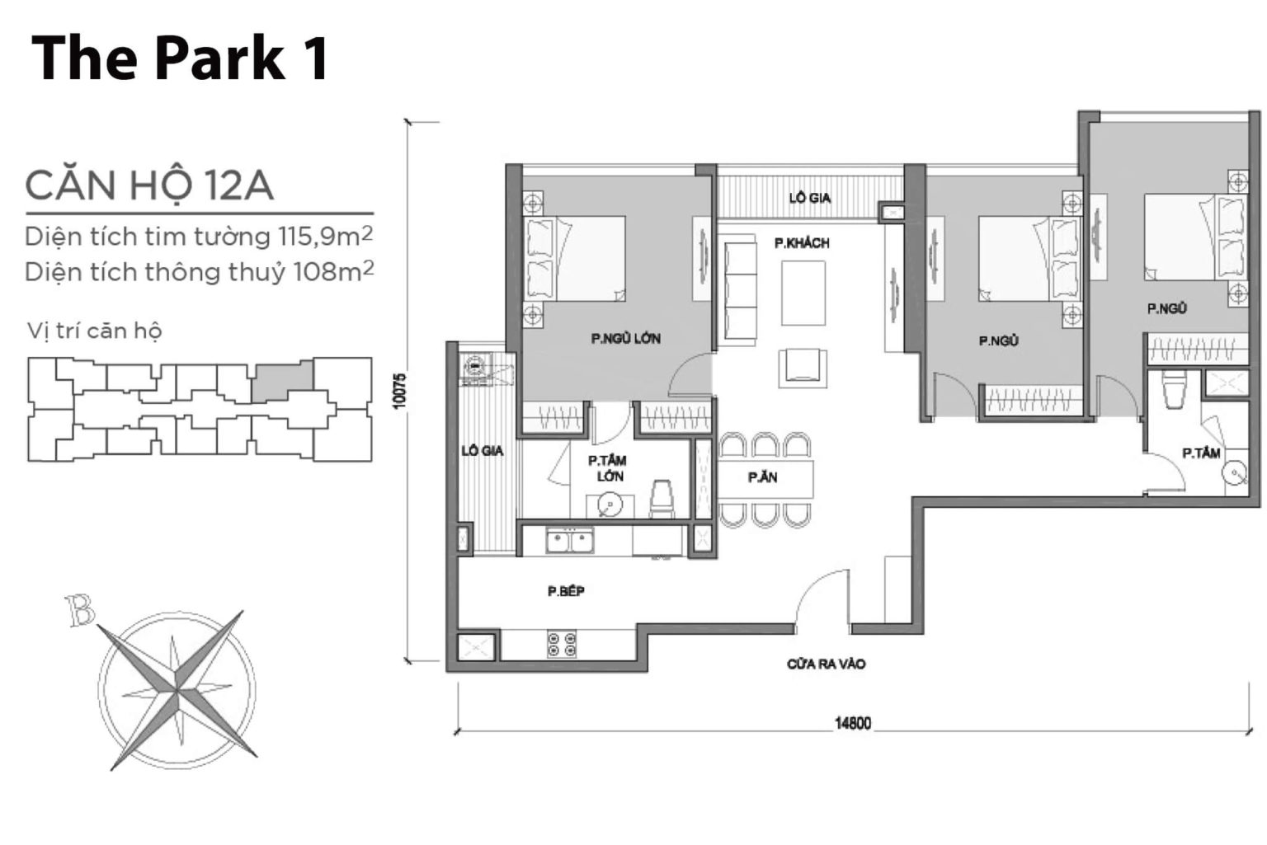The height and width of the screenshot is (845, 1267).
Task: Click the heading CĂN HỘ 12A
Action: click(x=149, y=185)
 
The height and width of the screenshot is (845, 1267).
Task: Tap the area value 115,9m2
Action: click(x=326, y=237)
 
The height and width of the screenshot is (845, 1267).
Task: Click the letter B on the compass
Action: click(x=81, y=612)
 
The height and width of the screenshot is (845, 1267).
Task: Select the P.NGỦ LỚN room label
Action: click(x=624, y=338)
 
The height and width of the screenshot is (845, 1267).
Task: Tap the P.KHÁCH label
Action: click(x=801, y=243)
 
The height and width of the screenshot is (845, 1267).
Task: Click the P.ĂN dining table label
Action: click(x=762, y=477)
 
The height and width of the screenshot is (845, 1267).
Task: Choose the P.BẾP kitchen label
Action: click(x=566, y=591)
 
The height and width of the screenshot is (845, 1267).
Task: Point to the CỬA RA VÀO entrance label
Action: click(x=826, y=664)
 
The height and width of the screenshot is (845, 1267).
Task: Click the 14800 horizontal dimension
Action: click(x=852, y=724)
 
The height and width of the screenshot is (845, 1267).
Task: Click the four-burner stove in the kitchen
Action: click(x=562, y=644)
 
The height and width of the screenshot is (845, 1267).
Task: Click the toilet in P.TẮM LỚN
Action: click(x=662, y=500)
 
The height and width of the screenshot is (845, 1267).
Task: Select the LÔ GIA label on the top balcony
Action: click(x=809, y=198)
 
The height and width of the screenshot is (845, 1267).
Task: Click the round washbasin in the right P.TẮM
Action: click(x=1235, y=472)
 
